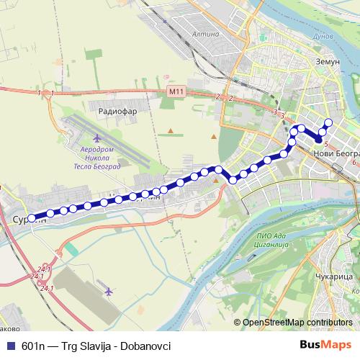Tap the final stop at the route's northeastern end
click(328, 122)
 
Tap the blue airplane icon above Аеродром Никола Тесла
click(77, 137)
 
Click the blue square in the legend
click(9, 346)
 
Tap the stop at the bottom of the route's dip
click(233, 179)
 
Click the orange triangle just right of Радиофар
click(150, 130)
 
